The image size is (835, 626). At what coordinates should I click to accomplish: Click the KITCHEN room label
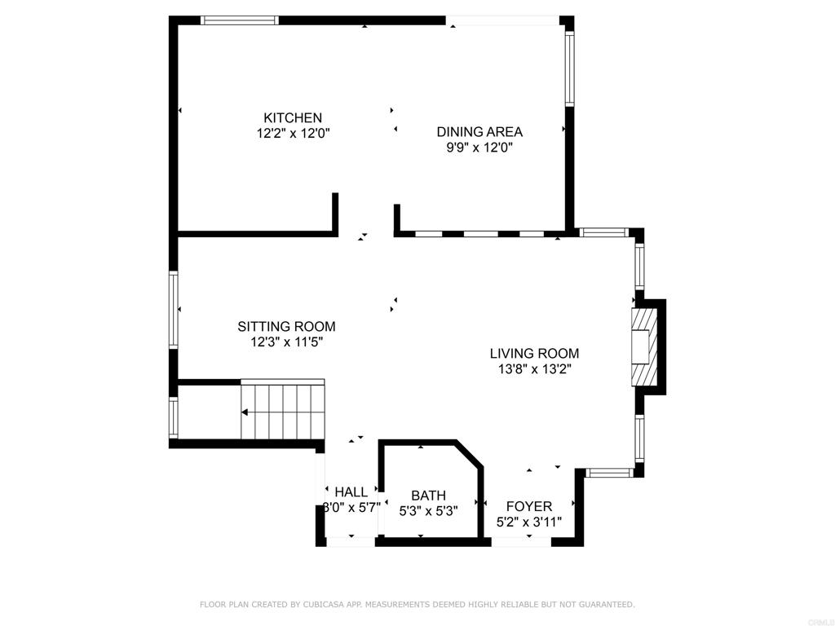point(292,118)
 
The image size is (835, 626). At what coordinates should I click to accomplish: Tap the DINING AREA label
point(479,132)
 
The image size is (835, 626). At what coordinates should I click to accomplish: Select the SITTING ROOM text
point(286,327)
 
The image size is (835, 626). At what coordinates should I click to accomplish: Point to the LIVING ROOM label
point(534,354)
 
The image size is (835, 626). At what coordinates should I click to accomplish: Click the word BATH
point(428,496)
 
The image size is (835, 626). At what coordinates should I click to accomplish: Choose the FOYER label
point(529,507)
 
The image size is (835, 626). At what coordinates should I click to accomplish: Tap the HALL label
point(351,492)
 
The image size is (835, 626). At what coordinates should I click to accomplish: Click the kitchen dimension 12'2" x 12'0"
point(292,133)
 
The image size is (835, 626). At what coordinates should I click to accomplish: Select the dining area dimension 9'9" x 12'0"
point(479,148)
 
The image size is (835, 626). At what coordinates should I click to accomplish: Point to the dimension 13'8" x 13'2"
point(534,369)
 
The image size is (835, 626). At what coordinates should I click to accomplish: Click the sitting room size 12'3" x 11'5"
point(286,342)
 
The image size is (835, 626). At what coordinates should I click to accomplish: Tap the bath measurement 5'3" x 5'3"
point(428,511)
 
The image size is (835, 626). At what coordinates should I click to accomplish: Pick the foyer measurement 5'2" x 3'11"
point(529,522)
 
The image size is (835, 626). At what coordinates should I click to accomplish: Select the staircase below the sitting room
point(282,411)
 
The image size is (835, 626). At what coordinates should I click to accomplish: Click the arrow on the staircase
point(261,412)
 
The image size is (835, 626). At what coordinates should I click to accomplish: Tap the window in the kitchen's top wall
point(240,20)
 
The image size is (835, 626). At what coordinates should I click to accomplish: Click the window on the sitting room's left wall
point(174,310)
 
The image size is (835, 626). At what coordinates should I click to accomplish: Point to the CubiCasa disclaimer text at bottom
point(417,605)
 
